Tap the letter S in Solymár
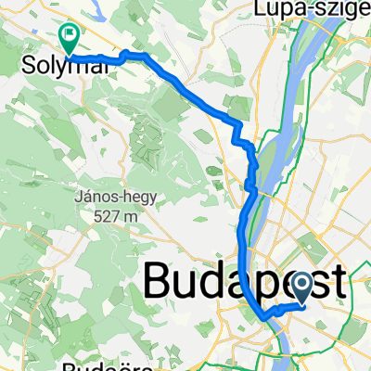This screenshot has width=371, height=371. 27,67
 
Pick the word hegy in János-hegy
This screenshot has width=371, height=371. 140,198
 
